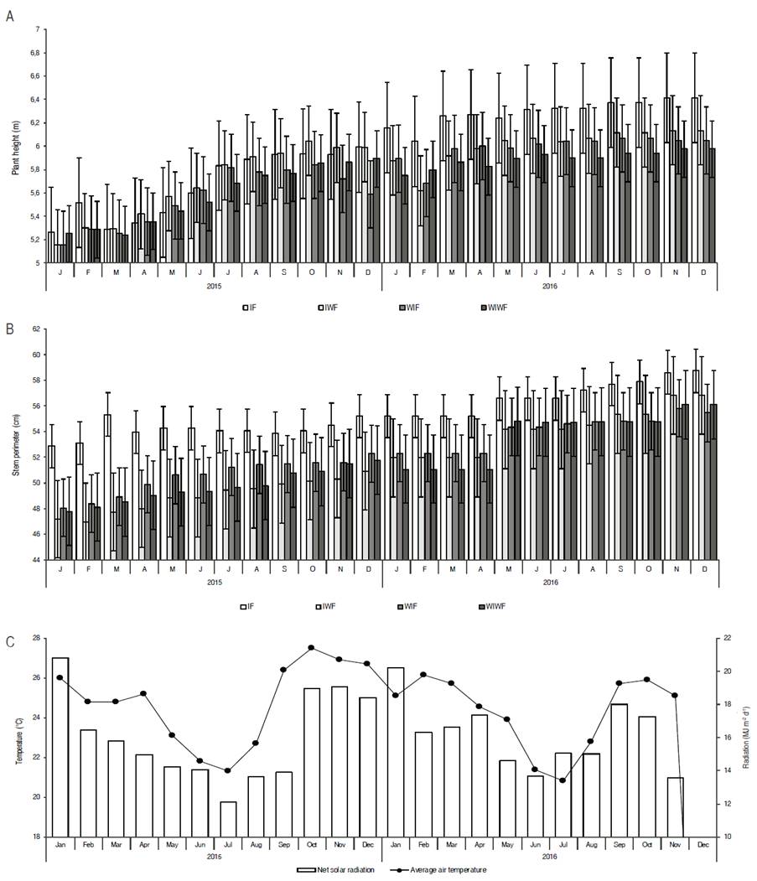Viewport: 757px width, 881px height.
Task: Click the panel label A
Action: coord(9,16)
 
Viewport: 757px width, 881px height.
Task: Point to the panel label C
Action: coord(9,642)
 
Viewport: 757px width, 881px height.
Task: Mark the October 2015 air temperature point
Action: coord(311,647)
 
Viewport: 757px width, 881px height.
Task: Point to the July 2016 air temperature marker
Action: coord(563,780)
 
